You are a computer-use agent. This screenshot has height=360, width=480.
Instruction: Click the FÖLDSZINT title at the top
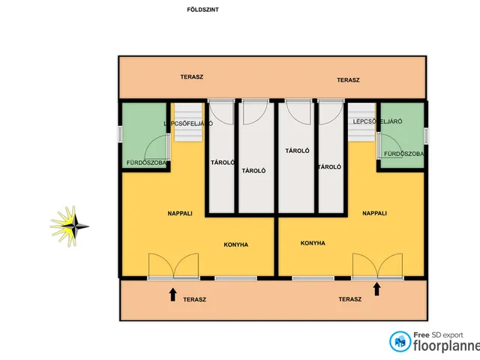[x=202, y=10]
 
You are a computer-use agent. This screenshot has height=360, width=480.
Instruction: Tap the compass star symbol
[x=70, y=226]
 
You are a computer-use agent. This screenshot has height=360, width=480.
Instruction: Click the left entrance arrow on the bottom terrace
[x=173, y=294]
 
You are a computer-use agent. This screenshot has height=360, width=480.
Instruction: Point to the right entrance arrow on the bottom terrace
[x=376, y=289]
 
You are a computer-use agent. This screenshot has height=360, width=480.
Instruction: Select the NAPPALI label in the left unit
[x=180, y=214]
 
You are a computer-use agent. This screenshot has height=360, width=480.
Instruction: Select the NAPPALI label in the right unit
[x=374, y=213]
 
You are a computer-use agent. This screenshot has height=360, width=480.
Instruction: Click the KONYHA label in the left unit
[x=235, y=244]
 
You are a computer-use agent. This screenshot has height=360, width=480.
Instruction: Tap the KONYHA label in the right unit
[x=313, y=243]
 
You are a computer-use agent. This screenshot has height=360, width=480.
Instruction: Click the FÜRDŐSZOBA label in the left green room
[x=146, y=163]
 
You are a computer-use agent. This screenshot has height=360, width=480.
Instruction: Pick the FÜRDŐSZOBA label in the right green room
[x=403, y=154]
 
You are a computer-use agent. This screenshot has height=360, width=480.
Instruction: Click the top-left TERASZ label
[x=192, y=77]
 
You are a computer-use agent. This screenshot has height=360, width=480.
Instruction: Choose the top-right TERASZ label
[x=348, y=80]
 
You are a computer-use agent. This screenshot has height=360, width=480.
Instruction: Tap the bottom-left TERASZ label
[x=194, y=300]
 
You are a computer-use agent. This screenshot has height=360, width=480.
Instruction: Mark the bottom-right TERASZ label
[x=350, y=299]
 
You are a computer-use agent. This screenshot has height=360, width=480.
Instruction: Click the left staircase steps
[x=188, y=121]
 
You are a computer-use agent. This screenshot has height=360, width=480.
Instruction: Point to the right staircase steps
[x=361, y=121]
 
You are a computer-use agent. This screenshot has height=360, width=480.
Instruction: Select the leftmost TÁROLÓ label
[x=223, y=163]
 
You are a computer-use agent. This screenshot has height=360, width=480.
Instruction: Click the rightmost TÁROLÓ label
[x=329, y=167]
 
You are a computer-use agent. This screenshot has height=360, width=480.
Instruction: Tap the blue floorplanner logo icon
[x=400, y=342]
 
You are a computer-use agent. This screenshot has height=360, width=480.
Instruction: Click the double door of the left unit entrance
[x=173, y=265]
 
